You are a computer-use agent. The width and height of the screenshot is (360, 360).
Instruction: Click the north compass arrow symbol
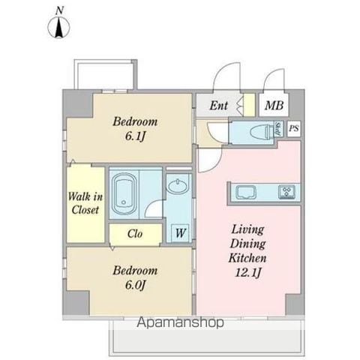[58, 27]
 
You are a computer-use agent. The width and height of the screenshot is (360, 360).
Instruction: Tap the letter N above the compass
[59, 10]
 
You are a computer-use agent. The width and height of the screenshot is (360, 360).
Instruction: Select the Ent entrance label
[218, 105]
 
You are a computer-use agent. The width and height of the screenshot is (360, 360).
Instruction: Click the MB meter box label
[274, 105]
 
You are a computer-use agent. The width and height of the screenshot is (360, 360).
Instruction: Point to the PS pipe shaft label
[294, 128]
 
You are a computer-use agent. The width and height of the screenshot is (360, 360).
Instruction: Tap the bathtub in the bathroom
[124, 193]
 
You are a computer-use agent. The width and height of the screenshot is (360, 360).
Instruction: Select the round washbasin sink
[178, 186]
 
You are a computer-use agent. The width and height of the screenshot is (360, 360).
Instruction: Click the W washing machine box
[180, 233]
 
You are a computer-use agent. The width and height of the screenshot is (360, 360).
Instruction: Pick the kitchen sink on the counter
[246, 192]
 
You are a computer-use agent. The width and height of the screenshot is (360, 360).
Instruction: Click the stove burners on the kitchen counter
[286, 192]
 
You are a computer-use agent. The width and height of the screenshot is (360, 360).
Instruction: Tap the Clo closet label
[135, 234]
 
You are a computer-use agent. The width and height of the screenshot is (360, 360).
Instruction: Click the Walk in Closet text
[85, 203]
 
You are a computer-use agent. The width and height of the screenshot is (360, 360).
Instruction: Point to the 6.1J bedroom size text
[135, 136]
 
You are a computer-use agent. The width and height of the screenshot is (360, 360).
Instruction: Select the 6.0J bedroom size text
[135, 285]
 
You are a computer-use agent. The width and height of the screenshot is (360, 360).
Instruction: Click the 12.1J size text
[248, 272]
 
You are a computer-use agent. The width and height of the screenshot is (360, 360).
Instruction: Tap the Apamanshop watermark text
[180, 322]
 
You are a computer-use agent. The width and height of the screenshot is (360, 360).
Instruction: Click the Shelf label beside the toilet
[278, 129]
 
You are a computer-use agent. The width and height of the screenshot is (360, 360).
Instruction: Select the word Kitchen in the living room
[247, 258]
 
